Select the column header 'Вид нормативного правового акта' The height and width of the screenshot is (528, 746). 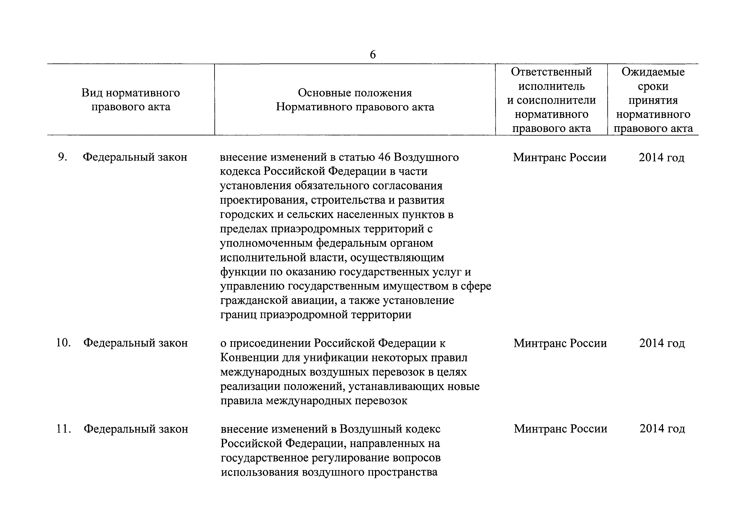click(131, 100)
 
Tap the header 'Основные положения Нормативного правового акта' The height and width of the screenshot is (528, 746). click(355, 100)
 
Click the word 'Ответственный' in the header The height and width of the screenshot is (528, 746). click(551, 72)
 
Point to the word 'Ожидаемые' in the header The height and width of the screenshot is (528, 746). click(653, 72)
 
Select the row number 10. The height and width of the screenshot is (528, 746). click(63, 343)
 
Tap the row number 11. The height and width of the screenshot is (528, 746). click(64, 429)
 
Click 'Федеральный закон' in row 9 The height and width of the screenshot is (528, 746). click(135, 157)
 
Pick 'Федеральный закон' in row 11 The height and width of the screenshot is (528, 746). click(136, 429)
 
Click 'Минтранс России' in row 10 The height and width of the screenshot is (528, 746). click(560, 343)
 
